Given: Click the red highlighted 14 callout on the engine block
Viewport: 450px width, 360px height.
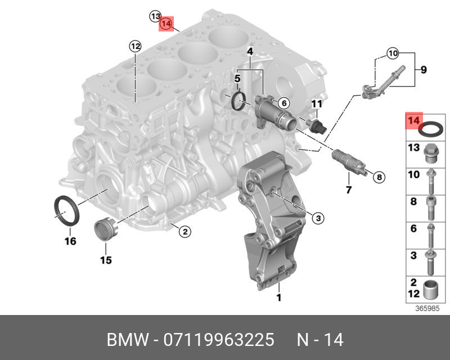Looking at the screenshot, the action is (x=166, y=24).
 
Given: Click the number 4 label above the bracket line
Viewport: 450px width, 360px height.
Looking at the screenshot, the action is (x=250, y=52).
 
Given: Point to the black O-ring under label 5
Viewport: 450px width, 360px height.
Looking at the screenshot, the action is (x=240, y=101).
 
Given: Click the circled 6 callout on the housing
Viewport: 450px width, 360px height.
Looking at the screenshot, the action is (x=283, y=103).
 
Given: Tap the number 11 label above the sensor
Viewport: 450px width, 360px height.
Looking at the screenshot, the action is (x=317, y=104).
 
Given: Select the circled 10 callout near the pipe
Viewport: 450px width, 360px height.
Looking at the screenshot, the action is (x=392, y=54).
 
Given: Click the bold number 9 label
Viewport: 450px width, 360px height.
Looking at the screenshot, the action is (x=424, y=70).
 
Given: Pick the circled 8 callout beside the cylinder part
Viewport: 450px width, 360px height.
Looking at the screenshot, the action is (x=379, y=177).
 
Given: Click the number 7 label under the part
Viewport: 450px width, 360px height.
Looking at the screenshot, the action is (x=348, y=190).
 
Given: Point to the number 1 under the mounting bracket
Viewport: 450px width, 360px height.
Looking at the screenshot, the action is (x=278, y=298).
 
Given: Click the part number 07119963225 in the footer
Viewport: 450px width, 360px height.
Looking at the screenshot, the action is (x=219, y=341).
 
